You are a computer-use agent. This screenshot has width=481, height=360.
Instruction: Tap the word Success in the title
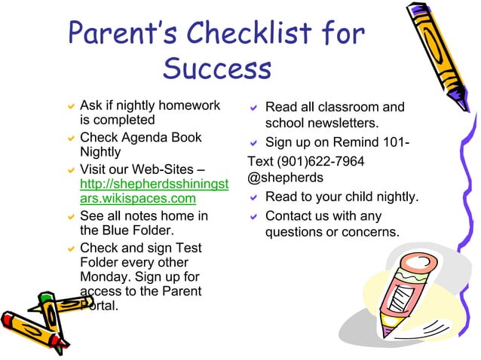coord(216,69)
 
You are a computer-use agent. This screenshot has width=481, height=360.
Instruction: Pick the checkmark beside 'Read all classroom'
coord(255,109)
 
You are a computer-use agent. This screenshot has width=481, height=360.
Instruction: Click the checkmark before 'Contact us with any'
coord(255,218)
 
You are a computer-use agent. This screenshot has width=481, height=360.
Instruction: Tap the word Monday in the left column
coord(103,276)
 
